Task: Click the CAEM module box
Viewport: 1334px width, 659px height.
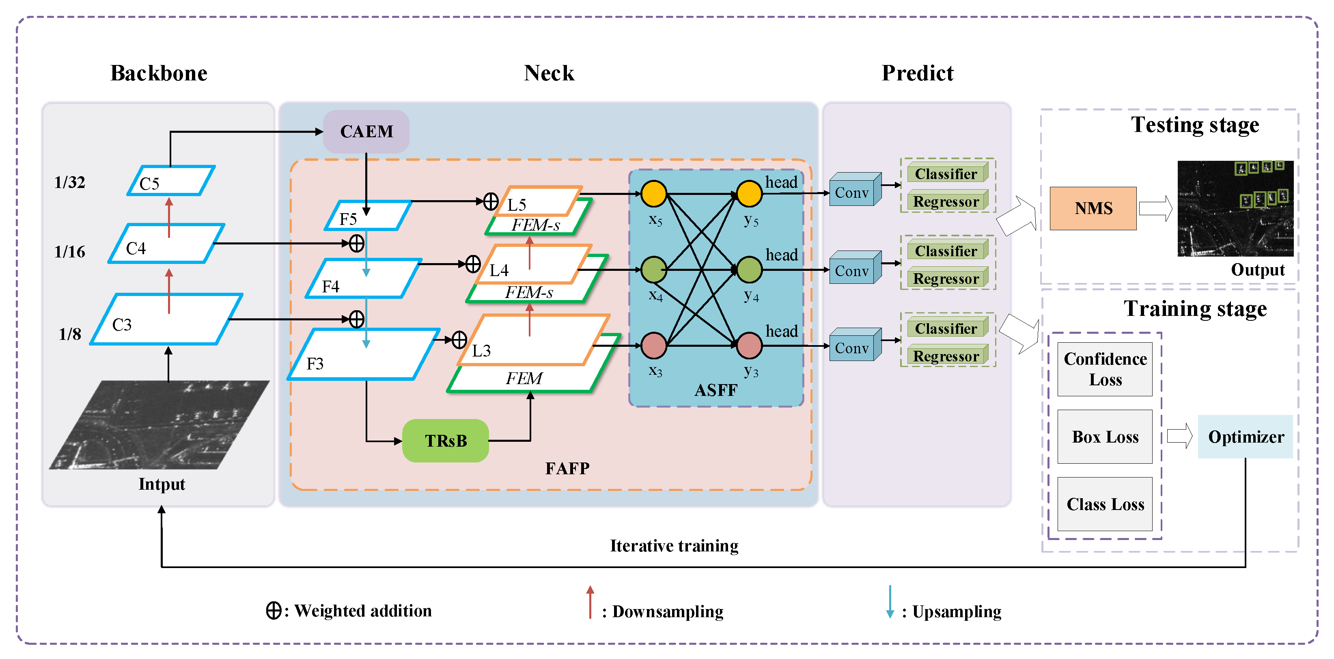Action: click(366, 132)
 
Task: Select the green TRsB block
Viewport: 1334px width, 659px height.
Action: click(445, 441)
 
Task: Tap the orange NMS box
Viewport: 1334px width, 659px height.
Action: click(1093, 208)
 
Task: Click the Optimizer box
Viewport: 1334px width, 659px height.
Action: click(1246, 437)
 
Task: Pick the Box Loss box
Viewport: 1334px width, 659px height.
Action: click(1105, 437)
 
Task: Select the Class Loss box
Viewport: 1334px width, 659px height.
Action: click(1105, 504)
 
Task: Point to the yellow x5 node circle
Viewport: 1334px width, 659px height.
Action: click(654, 194)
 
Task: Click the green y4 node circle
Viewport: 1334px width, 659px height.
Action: click(749, 269)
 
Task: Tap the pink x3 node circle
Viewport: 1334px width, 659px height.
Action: click(654, 346)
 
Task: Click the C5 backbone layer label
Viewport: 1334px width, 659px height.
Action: click(149, 184)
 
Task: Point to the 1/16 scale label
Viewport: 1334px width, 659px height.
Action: click(69, 252)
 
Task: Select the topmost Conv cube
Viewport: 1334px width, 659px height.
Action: click(856, 190)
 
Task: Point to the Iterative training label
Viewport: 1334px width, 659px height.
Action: click(674, 546)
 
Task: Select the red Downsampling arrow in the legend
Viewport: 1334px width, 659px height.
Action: click(590, 602)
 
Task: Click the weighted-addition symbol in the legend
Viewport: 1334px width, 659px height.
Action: click(274, 610)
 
